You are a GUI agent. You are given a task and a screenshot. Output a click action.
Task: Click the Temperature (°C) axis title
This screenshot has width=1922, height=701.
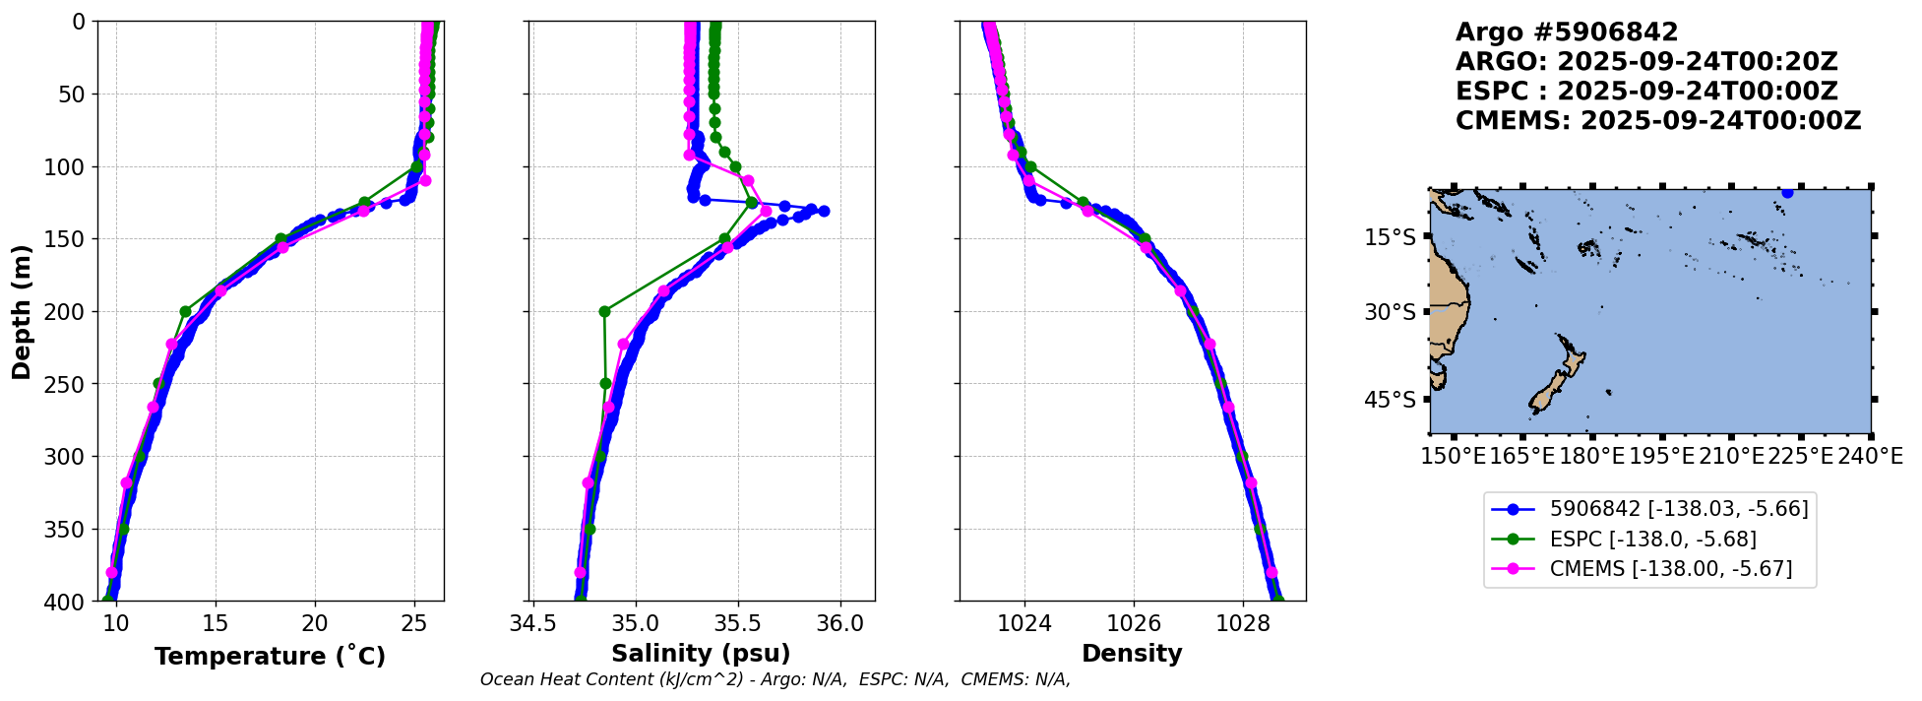(x=270, y=656)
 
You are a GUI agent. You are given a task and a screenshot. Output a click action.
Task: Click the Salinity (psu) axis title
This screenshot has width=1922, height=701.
(x=700, y=654)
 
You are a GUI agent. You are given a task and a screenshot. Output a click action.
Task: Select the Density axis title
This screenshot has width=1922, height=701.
(x=1132, y=654)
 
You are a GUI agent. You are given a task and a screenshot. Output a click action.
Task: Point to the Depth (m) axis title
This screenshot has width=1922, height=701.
(x=21, y=311)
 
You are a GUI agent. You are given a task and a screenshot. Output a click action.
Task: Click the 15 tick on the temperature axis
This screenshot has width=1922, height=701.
(x=216, y=623)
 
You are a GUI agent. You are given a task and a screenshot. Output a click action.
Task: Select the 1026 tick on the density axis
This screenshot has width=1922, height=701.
(x=1134, y=623)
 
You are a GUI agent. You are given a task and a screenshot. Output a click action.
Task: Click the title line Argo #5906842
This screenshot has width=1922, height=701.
(x=1567, y=32)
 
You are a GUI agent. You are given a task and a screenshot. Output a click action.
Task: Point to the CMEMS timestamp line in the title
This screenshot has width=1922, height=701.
(x=1657, y=121)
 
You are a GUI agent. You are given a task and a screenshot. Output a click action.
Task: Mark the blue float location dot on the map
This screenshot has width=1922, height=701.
(x=1787, y=193)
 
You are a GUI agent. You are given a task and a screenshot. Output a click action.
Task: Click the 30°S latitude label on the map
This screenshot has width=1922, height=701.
(x=1391, y=312)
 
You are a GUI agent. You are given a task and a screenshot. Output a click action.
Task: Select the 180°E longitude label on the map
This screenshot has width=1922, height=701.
(x=1591, y=457)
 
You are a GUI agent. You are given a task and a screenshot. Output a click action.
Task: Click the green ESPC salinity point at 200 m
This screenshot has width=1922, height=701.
(x=604, y=311)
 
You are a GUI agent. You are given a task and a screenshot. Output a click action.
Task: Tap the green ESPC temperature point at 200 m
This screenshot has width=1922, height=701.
(x=185, y=311)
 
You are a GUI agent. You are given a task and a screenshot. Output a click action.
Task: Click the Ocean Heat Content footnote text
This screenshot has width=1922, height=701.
(x=775, y=679)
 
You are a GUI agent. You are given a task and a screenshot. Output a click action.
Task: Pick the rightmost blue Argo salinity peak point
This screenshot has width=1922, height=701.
(x=824, y=211)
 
